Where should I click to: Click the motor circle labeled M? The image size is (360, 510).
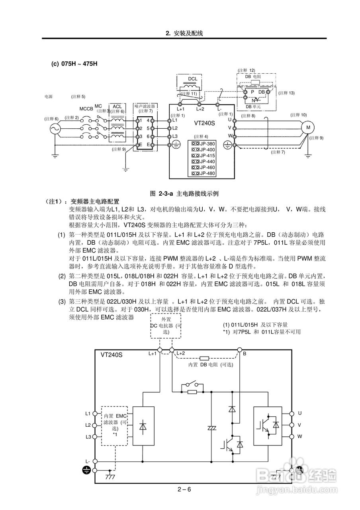(307, 127)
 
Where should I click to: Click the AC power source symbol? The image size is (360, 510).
(54, 128)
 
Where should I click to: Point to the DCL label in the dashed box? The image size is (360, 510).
(193, 79)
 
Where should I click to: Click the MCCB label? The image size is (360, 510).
(86, 109)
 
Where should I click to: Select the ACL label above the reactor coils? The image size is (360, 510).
(117, 106)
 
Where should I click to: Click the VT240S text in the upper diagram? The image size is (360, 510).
(204, 123)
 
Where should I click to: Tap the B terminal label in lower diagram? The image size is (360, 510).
(245, 353)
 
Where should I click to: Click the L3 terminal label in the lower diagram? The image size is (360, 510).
(88, 437)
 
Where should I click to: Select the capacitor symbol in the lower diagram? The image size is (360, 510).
(211, 428)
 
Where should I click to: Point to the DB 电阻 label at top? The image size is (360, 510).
(253, 76)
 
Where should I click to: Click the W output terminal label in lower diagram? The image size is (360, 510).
(299, 436)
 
